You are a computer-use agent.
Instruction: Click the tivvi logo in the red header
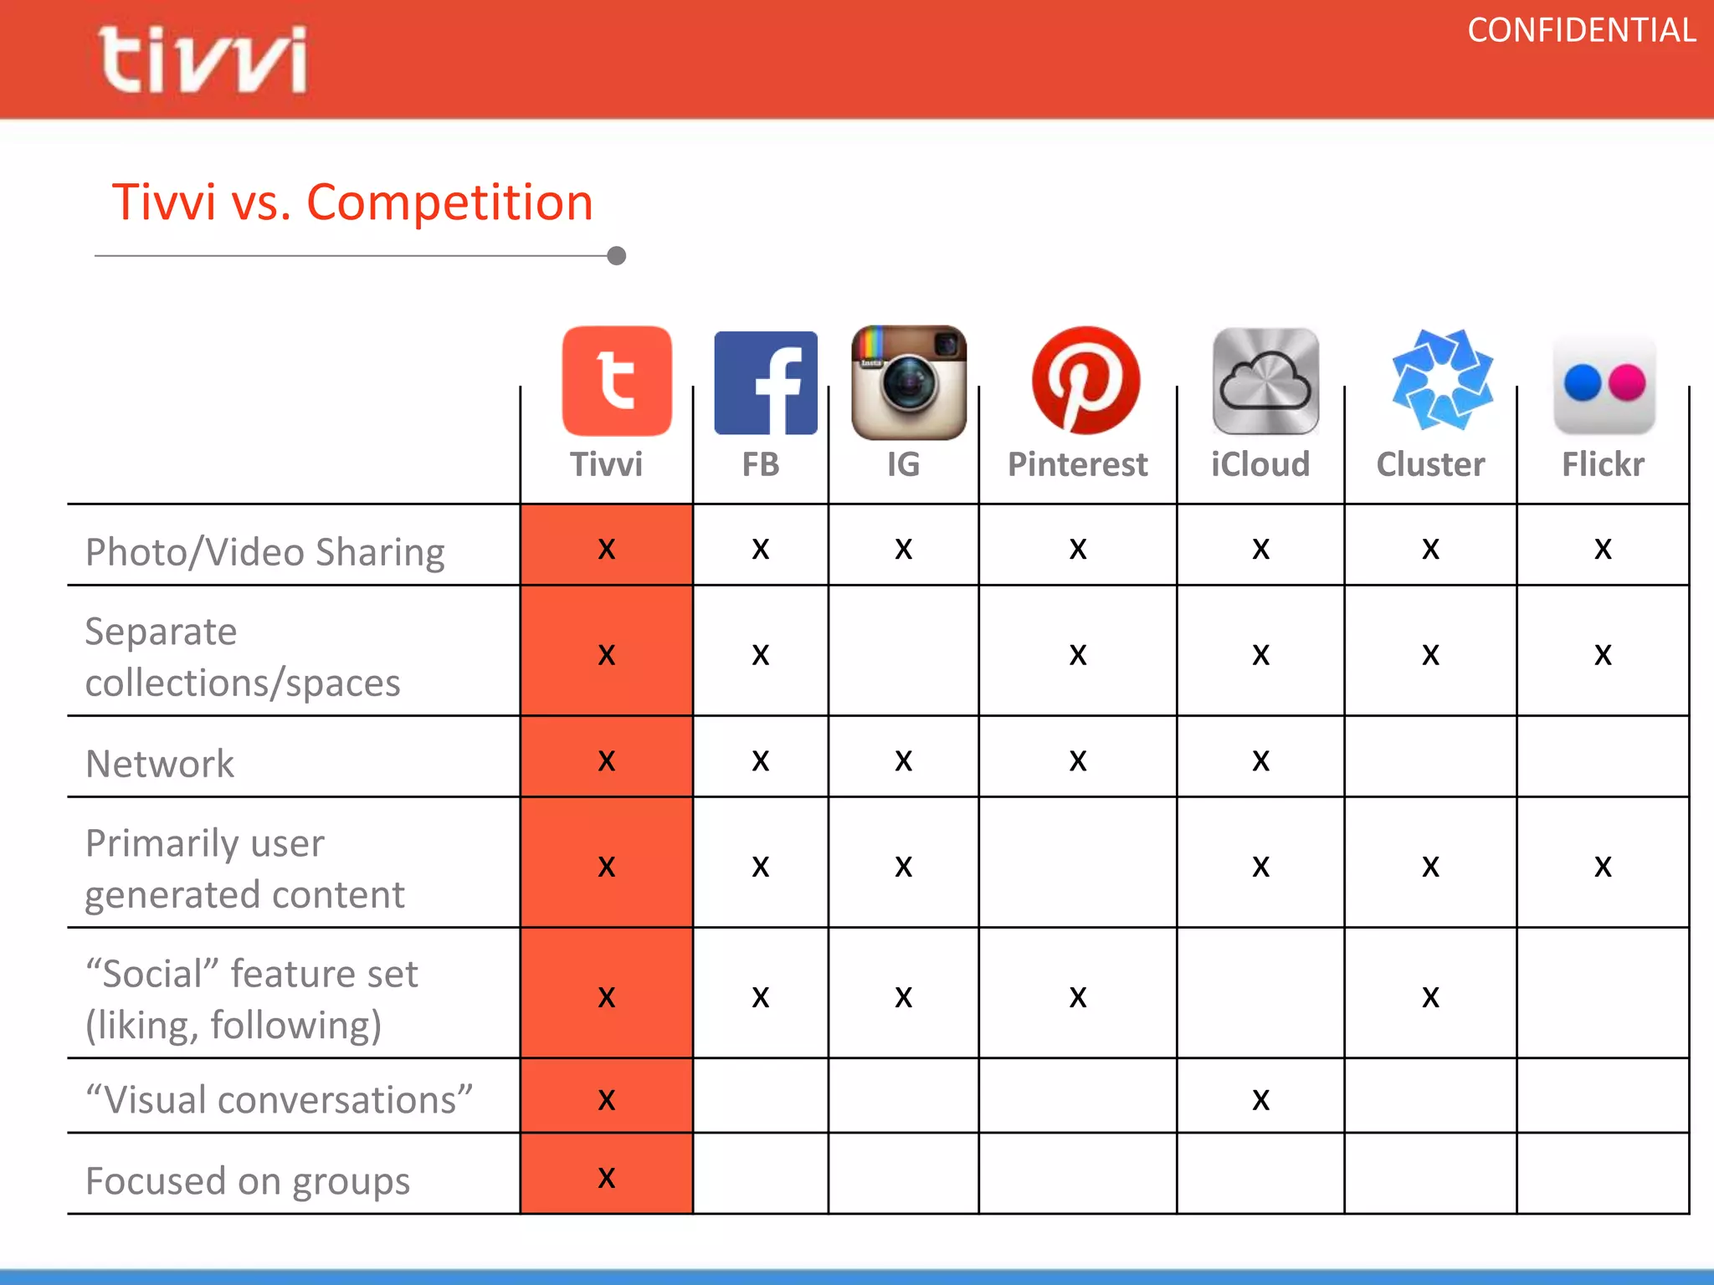click(203, 59)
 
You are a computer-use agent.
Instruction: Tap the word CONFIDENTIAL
click(1581, 31)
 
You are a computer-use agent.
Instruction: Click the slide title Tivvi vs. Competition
click(352, 202)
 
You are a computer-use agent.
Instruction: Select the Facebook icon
click(765, 382)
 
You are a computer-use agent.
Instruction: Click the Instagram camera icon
click(908, 382)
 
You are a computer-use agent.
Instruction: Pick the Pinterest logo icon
click(1085, 381)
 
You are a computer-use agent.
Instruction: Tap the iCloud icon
click(1265, 381)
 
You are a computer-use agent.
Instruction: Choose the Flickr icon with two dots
click(1604, 384)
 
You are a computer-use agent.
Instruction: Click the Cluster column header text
click(1430, 464)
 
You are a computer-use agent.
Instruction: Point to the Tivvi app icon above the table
click(617, 381)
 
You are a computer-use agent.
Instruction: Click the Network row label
click(160, 764)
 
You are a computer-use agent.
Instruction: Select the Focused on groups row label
click(248, 1180)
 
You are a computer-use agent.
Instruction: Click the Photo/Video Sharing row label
click(264, 552)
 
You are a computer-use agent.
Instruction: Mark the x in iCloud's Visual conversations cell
click(1260, 1099)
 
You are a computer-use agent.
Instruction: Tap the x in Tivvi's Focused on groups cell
click(607, 1178)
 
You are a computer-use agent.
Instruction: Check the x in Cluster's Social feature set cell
click(1430, 996)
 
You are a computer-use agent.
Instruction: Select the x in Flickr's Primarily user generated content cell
click(1603, 866)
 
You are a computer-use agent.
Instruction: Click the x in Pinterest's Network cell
click(1078, 760)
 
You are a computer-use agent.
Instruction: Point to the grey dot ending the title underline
click(617, 256)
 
